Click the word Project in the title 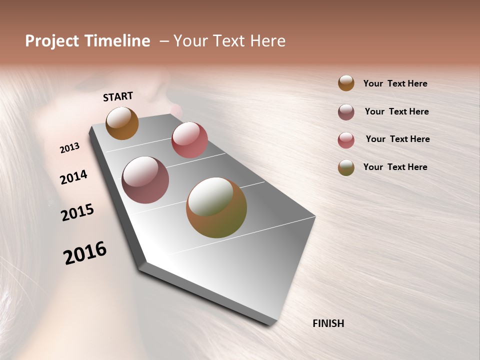[x=52, y=41]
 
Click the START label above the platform [x=118, y=96]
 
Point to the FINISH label [x=328, y=323]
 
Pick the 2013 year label [x=69, y=148]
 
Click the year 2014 [x=74, y=177]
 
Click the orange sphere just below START [x=122, y=123]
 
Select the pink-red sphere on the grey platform [x=189, y=139]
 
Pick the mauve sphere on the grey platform [x=145, y=180]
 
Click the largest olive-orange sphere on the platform [x=216, y=207]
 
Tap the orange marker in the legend [x=346, y=83]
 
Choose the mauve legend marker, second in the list [x=346, y=112]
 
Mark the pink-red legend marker [x=346, y=140]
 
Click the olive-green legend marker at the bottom [x=346, y=167]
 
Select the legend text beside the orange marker [x=395, y=84]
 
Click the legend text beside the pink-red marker [x=397, y=139]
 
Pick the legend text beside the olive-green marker [x=395, y=167]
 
